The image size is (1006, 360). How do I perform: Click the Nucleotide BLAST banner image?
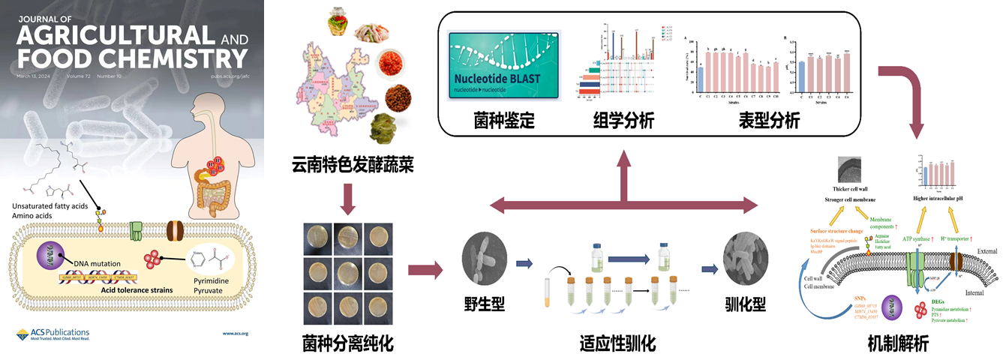(503, 66)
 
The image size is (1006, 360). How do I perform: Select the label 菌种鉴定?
(504, 121)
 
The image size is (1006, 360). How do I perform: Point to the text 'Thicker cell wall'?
(854, 190)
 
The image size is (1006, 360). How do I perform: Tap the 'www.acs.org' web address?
(236, 333)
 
